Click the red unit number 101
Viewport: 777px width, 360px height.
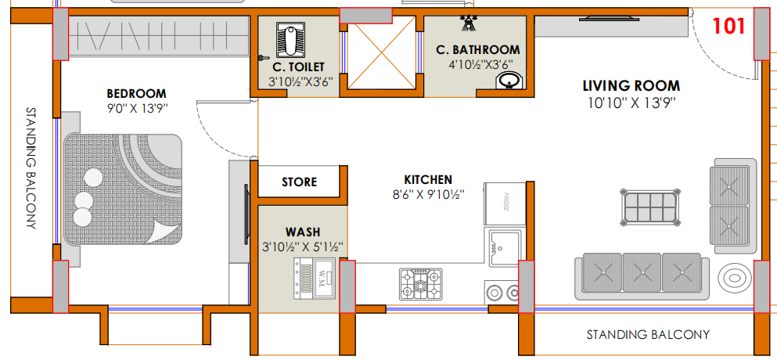(728, 26)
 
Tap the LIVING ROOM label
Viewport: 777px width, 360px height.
(631, 86)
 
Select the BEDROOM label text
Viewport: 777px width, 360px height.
(137, 93)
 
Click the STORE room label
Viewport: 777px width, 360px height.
(300, 182)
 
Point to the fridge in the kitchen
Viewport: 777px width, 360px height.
(505, 203)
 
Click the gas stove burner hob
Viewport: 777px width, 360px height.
(421, 284)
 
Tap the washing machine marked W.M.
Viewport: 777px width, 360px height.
(315, 279)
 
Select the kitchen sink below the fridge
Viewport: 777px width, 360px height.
(505, 248)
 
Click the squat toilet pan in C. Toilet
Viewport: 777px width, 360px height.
(287, 38)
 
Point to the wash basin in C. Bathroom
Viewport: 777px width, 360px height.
(509, 80)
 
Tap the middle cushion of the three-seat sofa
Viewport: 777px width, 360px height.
(642, 272)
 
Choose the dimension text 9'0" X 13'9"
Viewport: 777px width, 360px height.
(137, 109)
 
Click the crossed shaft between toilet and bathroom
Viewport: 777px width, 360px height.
(381, 52)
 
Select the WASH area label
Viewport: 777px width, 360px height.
(303, 232)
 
